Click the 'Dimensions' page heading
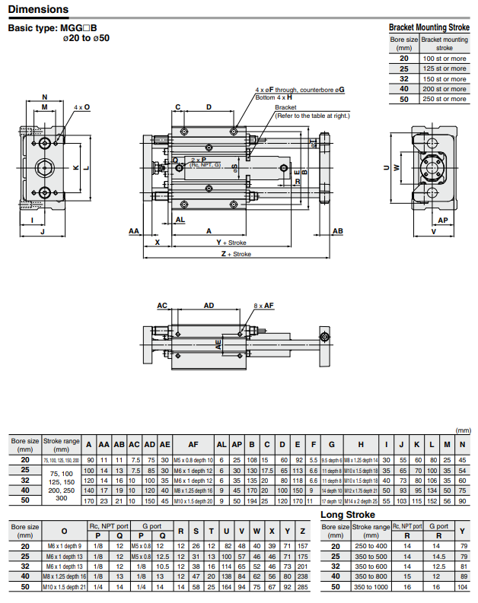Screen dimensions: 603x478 point(38,10)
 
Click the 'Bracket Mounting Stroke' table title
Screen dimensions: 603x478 point(429,27)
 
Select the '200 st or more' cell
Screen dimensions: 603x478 point(445,89)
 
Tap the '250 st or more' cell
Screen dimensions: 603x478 point(445,99)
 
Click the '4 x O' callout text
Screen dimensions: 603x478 point(82,107)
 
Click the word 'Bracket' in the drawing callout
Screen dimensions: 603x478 point(285,107)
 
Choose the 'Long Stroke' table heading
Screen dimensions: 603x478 point(348,515)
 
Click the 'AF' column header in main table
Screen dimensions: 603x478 point(193,445)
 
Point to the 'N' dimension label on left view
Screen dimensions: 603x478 point(44,97)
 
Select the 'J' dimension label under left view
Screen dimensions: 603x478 point(43,231)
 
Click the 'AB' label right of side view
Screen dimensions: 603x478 point(338,230)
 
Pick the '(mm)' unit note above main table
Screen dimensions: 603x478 point(462,430)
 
